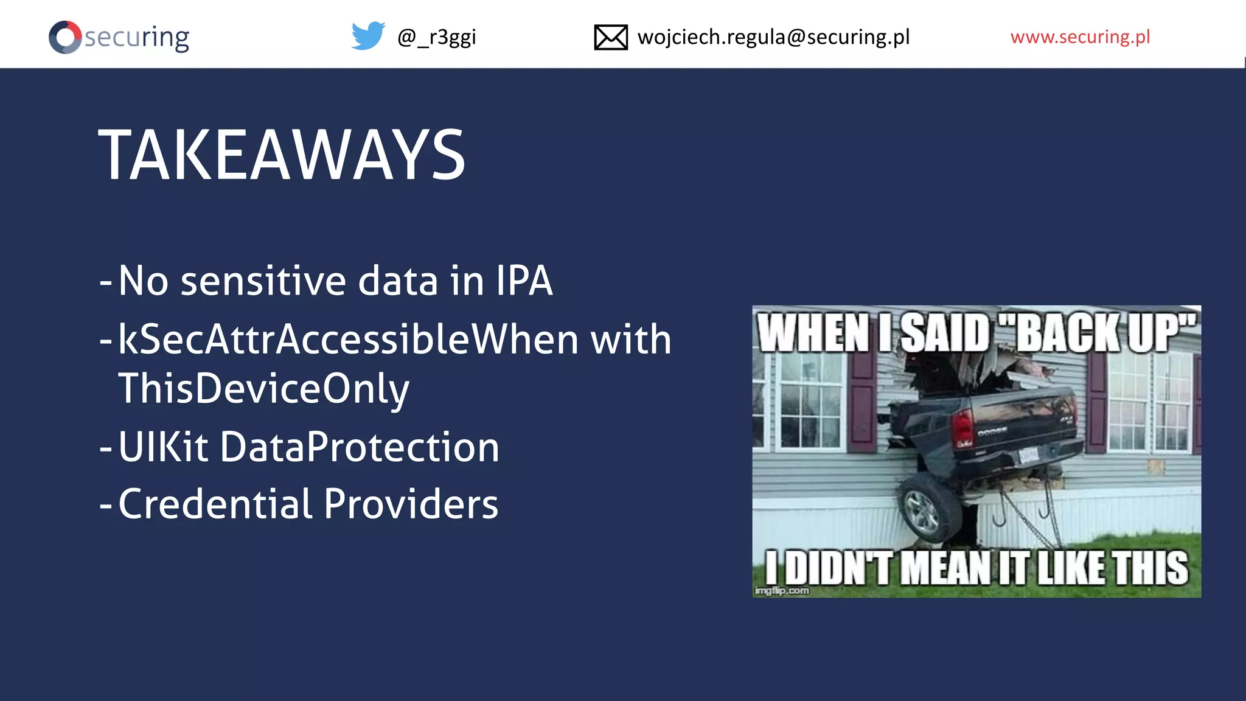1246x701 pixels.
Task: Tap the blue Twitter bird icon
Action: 368,36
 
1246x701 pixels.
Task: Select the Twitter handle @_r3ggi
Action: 436,37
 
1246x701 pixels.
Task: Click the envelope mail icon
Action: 611,37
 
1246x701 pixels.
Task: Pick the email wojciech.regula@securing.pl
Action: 773,37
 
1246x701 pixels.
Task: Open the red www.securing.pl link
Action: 1080,37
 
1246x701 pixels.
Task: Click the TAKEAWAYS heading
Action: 282,155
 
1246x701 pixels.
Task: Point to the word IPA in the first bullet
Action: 524,281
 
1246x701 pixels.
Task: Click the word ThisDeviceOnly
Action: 263,389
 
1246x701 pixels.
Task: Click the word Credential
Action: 215,504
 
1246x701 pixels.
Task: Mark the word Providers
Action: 411,504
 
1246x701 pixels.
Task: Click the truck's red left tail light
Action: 962,428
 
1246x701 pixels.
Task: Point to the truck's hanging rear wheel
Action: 923,510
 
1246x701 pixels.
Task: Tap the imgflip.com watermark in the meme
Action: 782,590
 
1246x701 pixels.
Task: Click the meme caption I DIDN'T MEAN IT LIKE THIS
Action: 976,568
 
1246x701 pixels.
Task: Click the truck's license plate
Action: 1029,455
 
